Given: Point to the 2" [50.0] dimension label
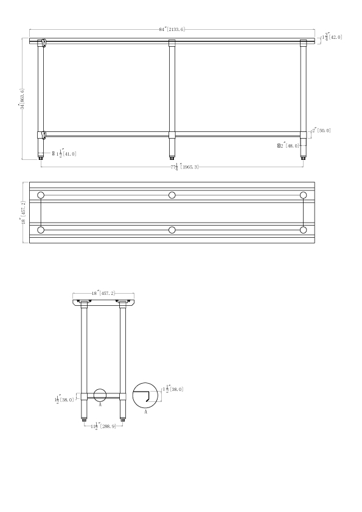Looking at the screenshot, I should [x=321, y=130].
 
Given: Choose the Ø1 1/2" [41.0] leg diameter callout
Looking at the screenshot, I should [x=64, y=154].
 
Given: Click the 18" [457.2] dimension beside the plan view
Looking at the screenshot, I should [x=23, y=212].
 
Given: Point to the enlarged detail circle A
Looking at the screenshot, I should [x=145, y=395].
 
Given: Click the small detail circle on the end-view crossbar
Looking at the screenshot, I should [x=100, y=394].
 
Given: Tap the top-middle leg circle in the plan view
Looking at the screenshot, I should [x=172, y=195].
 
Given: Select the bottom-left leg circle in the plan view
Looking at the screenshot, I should [x=41, y=230].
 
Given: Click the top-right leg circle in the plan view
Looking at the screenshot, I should [x=304, y=195].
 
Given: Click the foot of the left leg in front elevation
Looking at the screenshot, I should [x=41, y=155].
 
